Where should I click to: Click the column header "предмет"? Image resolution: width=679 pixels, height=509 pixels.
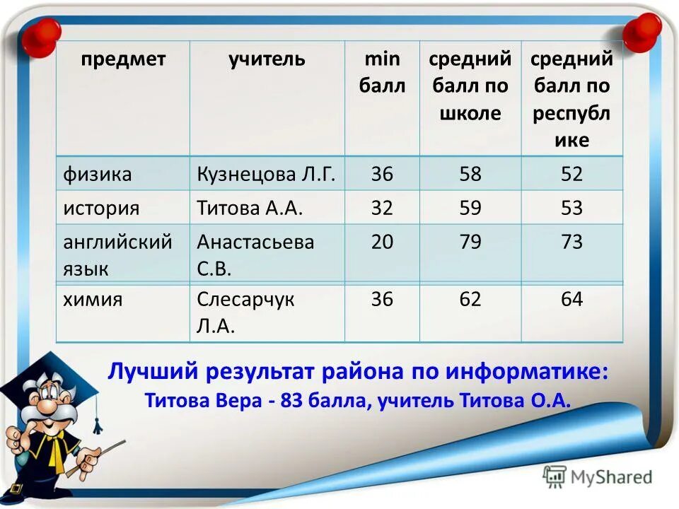[122, 59]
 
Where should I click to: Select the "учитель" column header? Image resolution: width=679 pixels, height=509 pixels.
[267, 59]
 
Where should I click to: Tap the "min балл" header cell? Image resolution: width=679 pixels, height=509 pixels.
[382, 73]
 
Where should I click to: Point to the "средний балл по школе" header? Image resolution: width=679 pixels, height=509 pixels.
[470, 86]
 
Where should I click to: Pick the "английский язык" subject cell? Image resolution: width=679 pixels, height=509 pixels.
[117, 255]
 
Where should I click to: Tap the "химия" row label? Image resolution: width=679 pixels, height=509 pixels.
[93, 300]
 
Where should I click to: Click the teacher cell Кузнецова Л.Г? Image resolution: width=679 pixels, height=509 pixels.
[266, 174]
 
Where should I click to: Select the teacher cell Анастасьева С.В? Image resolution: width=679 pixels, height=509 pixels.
[255, 255]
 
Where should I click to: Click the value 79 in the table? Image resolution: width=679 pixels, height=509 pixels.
[470, 242]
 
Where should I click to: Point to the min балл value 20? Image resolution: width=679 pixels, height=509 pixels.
[382, 242]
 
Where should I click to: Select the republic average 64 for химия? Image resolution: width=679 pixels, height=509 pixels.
[571, 300]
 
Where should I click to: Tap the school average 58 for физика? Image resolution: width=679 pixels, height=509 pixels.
[470, 174]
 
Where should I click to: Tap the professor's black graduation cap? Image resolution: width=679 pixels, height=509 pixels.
[57, 382]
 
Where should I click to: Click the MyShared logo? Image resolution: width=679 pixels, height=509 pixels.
[598, 477]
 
